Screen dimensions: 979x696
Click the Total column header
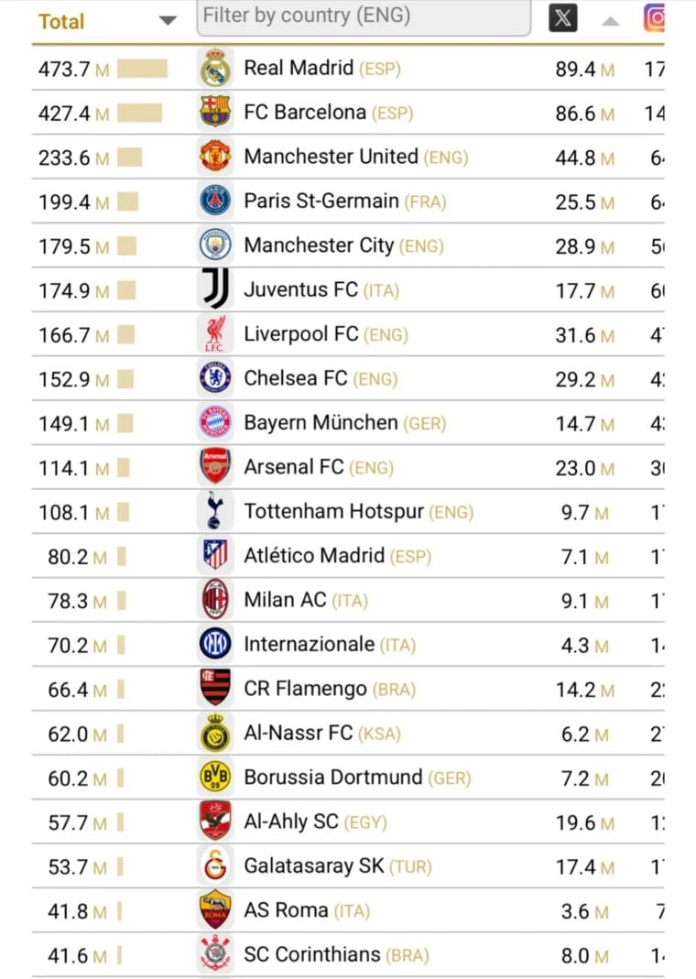[x=61, y=21]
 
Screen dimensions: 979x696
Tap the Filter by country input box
[x=364, y=16]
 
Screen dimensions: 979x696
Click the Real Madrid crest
[x=215, y=69]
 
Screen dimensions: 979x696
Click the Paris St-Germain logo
[x=215, y=201]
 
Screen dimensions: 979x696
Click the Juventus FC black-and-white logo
[x=215, y=289]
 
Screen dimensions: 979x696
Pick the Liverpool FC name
[x=300, y=334]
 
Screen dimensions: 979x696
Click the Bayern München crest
[x=215, y=422]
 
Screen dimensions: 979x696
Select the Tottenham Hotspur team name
[x=333, y=511]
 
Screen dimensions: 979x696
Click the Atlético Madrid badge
[x=215, y=555]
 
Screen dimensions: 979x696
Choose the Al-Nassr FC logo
[x=215, y=734]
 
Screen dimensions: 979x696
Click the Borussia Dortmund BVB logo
[x=215, y=778]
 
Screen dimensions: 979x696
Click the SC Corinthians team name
[x=311, y=954]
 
